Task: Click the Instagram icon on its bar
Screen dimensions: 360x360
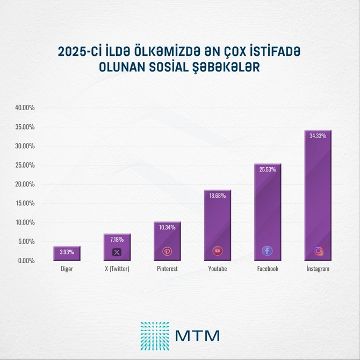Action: point(319,251)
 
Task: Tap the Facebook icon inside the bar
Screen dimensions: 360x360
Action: point(267,251)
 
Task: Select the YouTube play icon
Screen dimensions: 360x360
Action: point(217,251)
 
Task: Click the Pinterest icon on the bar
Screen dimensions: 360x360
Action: point(167,251)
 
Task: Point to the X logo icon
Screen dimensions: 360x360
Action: point(117,251)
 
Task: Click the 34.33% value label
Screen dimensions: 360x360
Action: point(318,136)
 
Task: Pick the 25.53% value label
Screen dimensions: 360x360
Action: point(268,170)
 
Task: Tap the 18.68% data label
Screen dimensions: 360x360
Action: point(217,196)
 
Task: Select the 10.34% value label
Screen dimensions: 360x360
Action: point(167,227)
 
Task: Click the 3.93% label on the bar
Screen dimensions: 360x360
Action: point(67,251)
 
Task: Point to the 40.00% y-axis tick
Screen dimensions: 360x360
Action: point(25,108)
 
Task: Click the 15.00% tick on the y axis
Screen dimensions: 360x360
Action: point(25,203)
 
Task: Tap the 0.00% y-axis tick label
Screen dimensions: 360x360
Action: point(26,261)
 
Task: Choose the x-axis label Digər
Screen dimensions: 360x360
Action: point(67,269)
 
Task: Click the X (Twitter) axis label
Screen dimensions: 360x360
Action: point(117,269)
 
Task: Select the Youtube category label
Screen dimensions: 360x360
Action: point(217,269)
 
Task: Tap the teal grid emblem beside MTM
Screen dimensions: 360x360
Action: point(154,335)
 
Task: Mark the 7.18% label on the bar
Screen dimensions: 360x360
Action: point(117,239)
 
